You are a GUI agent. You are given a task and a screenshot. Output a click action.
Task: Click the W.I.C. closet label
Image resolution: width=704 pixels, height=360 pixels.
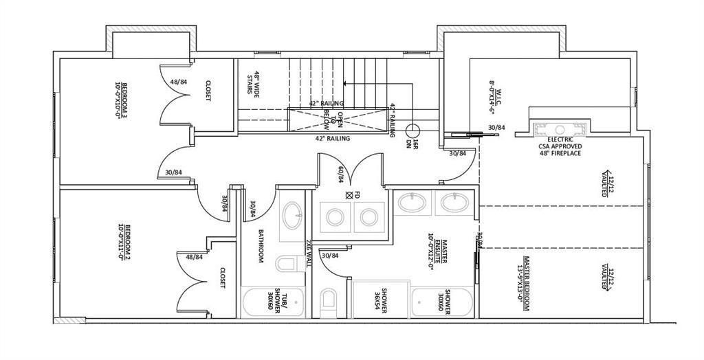click(492, 95)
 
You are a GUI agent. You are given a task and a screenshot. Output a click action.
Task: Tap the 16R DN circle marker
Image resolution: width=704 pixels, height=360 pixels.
click(412, 129)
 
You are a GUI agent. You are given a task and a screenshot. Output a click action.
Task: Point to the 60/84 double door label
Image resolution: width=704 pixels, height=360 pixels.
click(339, 173)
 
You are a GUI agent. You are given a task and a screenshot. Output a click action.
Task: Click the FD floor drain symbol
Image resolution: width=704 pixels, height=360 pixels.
click(349, 195)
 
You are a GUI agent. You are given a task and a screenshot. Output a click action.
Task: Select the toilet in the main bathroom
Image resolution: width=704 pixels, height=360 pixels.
click(285, 263)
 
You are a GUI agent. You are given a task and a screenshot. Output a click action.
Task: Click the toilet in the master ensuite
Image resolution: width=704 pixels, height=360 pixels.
click(329, 300)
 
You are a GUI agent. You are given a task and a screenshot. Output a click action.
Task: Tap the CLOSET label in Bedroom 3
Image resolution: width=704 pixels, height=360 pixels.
click(207, 91)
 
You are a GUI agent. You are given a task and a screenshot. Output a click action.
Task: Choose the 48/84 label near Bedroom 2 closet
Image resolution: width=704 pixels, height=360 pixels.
click(195, 257)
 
